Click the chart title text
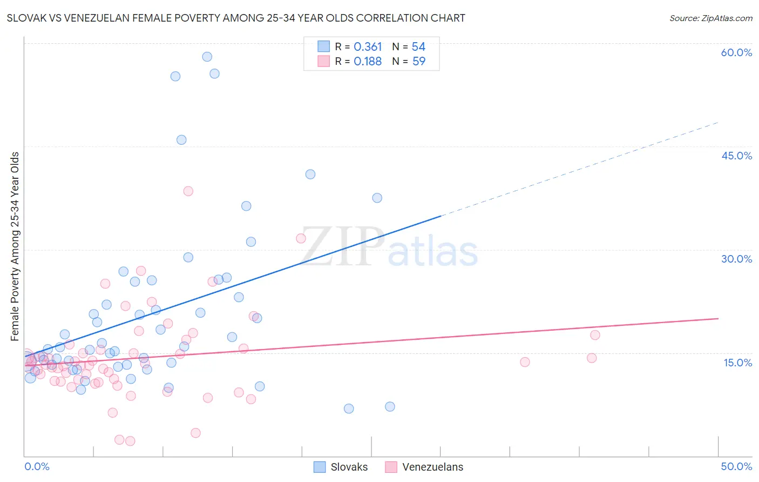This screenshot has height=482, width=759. pos(236,18)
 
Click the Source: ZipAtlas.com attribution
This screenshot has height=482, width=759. pos(710,18)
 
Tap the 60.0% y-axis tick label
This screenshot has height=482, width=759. pos(736,52)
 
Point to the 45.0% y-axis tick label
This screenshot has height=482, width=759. pos(736,156)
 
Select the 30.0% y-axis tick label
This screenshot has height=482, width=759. pos(736,259)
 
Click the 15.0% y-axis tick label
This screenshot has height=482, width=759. pos(737,362)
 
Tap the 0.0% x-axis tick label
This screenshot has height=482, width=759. pos(37,466)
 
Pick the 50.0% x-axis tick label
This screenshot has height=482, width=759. pos(736,466)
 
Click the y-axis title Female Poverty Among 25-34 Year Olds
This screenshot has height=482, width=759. pos(15,246)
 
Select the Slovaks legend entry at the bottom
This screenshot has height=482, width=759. pos(341,467)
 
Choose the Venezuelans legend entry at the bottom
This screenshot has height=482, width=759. pos(424,467)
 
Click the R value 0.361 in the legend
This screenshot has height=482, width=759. pos(368,47)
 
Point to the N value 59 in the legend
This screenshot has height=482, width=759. pos(419,62)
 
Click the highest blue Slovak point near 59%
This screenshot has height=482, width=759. pos(207,57)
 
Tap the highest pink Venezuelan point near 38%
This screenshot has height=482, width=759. pos(188,191)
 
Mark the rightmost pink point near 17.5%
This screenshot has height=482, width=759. pos(595,335)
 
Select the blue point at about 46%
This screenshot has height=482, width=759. pos(181,140)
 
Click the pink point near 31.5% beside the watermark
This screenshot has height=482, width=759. pos(301,238)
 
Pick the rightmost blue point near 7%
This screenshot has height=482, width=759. pos(390,406)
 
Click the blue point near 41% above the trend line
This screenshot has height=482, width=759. pos(310,174)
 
